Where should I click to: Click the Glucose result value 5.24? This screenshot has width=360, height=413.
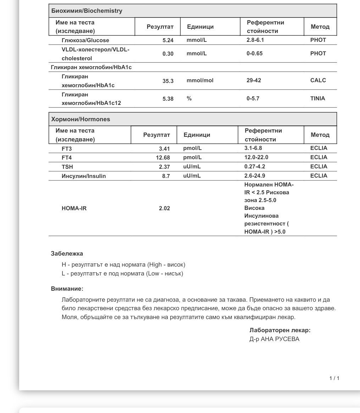tap(168, 40)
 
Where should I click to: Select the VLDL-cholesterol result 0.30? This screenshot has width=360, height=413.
tap(168, 54)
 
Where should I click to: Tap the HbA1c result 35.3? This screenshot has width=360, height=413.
tap(168, 81)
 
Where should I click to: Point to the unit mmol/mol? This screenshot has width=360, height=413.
tap(200, 80)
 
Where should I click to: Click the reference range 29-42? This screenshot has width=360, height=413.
tap(254, 80)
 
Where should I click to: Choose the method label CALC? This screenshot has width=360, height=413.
tap(318, 80)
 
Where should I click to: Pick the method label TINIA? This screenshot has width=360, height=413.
tap(317, 99)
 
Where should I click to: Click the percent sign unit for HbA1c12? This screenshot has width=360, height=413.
tap(189, 99)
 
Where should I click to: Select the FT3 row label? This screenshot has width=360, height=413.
tap(67, 149)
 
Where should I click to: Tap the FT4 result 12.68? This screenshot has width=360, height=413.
tap(163, 158)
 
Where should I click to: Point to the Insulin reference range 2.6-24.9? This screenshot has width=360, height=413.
tap(255, 176)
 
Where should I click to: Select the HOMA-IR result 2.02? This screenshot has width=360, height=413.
tap(164, 208)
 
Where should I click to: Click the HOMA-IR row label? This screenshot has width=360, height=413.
tap(74, 208)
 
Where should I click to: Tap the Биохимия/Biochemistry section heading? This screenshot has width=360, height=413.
tap(87, 11)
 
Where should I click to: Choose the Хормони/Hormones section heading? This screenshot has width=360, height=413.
tap(81, 119)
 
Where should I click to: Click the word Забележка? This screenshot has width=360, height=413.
tap(67, 253)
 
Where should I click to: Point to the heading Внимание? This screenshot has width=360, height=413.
tap(67, 289)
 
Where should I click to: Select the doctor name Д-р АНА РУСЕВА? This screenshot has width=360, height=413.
tap(274, 339)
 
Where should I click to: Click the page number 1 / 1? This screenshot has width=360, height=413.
tap(334, 378)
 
